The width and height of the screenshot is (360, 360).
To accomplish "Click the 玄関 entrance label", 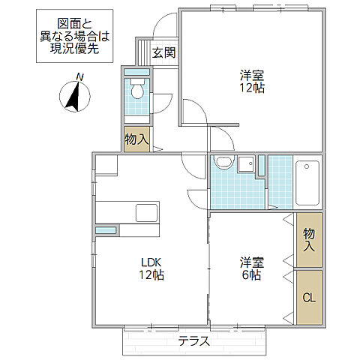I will [163, 52].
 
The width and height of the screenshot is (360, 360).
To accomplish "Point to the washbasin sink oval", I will [223, 164].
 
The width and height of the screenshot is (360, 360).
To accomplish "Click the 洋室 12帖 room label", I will [252, 81].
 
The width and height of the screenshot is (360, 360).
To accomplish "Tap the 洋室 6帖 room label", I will [250, 268].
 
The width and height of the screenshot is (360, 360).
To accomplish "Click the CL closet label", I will [307, 298].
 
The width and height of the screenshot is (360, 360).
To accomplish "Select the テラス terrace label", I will [193, 341].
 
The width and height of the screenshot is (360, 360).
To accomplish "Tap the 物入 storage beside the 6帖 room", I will [307, 240].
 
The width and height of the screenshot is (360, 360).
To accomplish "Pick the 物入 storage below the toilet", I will [136, 139].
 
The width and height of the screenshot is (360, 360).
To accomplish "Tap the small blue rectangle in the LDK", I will [106, 229].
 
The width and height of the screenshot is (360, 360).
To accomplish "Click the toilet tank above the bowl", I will [136, 79].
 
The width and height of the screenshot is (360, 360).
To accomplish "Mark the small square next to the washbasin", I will [245, 163].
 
